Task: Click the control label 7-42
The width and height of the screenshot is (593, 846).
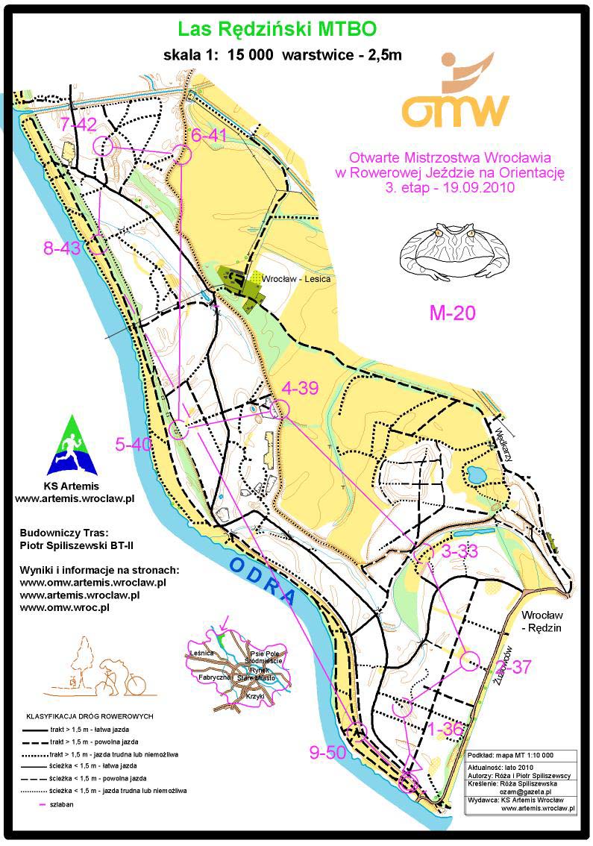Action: coord(79,124)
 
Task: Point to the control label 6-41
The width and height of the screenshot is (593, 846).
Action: coord(209,135)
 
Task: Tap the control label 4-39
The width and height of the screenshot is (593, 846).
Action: coord(301,387)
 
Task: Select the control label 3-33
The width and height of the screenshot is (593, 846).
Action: coord(459,551)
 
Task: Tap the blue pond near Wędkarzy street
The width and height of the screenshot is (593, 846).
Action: coord(475,473)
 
